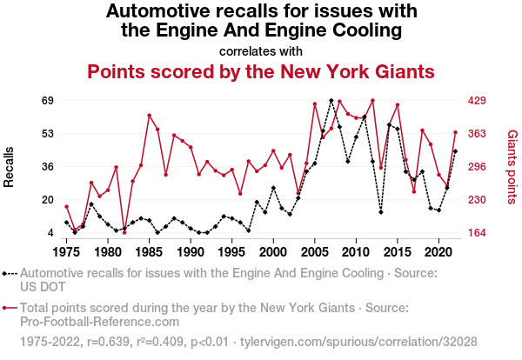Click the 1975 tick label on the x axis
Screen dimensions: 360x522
66,252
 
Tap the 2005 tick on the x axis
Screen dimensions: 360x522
315,252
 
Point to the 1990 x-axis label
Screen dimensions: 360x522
191,252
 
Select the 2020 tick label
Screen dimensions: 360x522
438,252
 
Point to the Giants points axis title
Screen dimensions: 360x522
512,167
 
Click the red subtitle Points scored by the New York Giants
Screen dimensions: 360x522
260,71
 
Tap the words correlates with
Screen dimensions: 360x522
261,50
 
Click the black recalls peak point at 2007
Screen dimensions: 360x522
331,101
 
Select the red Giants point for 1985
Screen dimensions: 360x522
149,115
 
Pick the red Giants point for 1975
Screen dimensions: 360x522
66,206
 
